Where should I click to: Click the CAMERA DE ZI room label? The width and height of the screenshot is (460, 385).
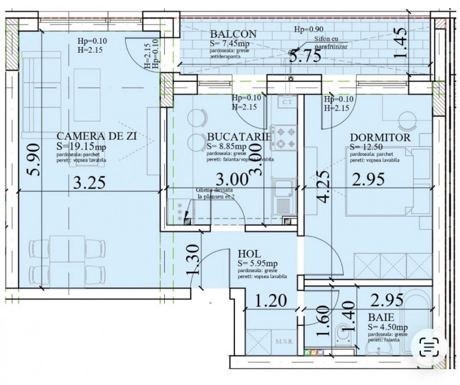[97, 136]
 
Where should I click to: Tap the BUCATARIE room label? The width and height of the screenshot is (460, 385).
[239, 136]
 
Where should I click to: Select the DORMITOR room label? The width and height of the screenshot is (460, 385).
[380, 137]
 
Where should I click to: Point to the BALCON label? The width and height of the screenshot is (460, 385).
[233, 34]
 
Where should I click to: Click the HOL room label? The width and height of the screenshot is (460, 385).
[250, 254]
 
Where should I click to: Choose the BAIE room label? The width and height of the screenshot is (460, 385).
[380, 317]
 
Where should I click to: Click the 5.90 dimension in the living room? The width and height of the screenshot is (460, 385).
[33, 171]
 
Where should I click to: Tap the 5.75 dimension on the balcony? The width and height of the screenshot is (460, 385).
[305, 55]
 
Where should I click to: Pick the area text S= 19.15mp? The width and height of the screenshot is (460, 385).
[82, 146]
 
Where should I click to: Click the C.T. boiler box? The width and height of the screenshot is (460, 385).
[287, 103]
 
